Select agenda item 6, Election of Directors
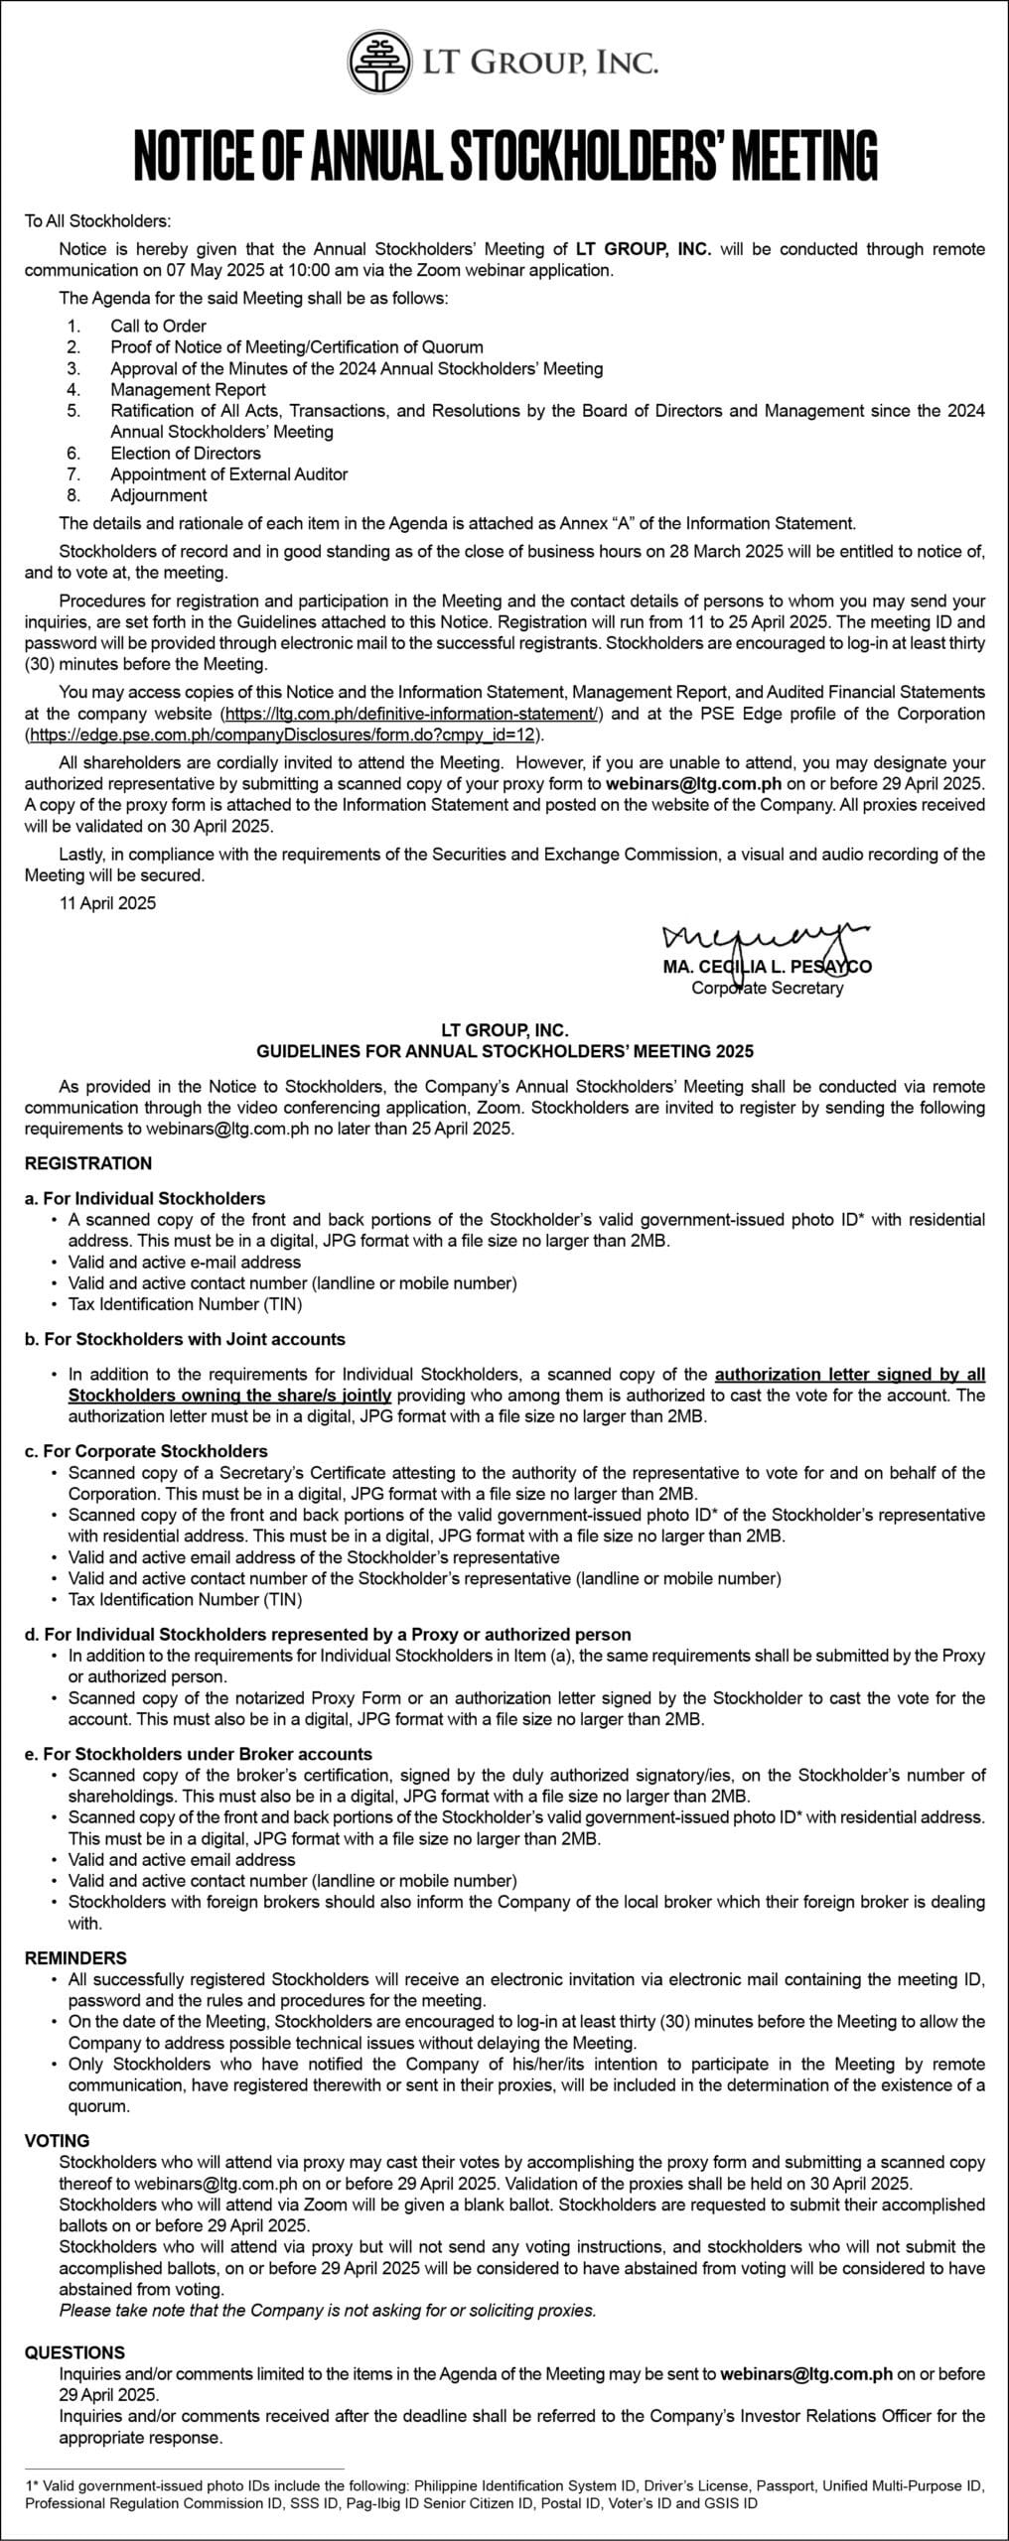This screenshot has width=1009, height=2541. point(186,453)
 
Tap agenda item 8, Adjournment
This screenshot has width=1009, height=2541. point(159,495)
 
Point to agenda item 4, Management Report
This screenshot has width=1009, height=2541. point(188,389)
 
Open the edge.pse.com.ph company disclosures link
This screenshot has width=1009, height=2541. point(283,736)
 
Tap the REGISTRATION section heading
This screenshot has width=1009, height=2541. point(88,1163)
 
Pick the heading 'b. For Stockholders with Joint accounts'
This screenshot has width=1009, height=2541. point(185,1339)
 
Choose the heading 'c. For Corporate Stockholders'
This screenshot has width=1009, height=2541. point(146,1451)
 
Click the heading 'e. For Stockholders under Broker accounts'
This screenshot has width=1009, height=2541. point(199,1754)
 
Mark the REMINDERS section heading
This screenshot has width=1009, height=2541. point(75,1958)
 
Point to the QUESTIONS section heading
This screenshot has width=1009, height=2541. point(74,2352)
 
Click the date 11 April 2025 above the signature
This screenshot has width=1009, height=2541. point(107,903)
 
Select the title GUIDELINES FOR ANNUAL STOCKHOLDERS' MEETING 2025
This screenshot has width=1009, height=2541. point(504,1050)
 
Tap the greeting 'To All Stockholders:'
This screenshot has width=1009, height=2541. point(98,220)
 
